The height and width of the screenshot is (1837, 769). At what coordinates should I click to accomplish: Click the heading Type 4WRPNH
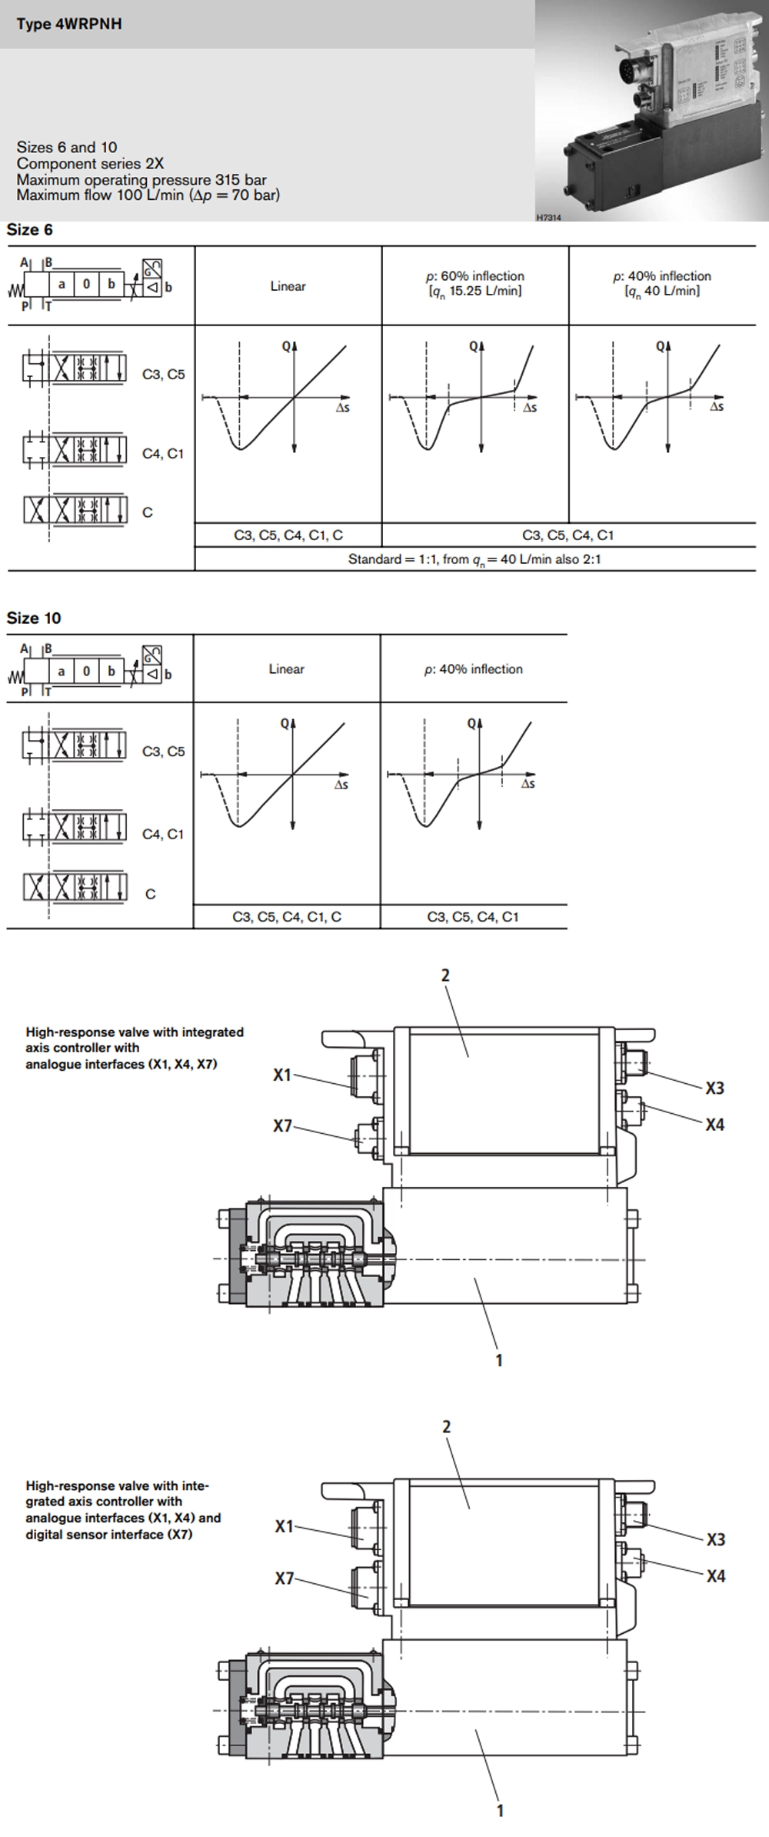69,24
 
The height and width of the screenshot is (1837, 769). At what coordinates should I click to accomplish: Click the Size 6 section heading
30,229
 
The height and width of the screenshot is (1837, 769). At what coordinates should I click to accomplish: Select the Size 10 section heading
34,618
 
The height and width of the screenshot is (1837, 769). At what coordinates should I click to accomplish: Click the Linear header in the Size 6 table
288,286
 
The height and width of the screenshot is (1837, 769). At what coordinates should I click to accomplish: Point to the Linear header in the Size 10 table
287,669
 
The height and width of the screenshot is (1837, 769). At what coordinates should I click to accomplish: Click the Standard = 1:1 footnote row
474,559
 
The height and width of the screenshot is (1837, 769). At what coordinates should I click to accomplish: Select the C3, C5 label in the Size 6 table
164,375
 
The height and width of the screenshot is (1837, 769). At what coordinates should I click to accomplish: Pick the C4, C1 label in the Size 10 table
163,834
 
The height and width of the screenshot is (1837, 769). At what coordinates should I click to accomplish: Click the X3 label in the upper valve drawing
715,1088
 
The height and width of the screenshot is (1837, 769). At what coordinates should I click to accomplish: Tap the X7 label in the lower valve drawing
285,1579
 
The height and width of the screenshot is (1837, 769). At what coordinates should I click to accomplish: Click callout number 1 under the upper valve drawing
499,1360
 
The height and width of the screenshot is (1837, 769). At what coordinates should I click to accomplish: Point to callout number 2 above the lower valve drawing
446,1426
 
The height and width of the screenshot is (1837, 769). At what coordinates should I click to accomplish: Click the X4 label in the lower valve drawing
716,1576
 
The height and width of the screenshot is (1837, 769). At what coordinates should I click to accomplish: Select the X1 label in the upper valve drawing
282,1075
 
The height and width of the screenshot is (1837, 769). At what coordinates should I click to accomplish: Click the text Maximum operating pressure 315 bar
141,180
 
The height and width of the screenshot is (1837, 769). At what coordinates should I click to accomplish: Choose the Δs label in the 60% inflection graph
530,408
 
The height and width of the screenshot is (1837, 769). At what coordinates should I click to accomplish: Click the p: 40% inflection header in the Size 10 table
474,669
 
